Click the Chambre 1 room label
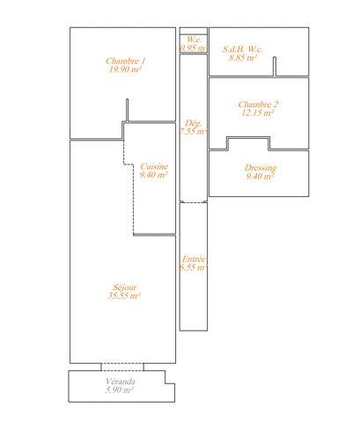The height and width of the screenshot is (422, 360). (125, 62)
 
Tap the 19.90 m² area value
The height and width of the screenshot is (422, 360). (125, 69)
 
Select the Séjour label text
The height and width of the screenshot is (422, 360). (125, 287)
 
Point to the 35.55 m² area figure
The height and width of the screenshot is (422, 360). (124, 295)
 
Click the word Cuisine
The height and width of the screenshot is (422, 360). (154, 166)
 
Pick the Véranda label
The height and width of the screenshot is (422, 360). (121, 382)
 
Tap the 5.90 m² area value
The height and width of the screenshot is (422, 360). (120, 390)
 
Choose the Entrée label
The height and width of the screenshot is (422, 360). (194, 259)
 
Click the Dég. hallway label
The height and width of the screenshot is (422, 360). (194, 123)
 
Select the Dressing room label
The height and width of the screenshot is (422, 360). (261, 168)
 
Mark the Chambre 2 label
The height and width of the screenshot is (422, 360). (258, 105)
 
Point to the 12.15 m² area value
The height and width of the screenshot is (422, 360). (258, 113)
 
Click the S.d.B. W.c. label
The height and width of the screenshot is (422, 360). (243, 49)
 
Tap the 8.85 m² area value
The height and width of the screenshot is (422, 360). (243, 57)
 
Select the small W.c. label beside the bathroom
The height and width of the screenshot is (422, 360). (194, 39)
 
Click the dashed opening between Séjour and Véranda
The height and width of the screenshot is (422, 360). (122, 367)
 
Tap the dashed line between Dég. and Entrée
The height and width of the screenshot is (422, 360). (194, 202)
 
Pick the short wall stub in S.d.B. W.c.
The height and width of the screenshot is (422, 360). (275, 66)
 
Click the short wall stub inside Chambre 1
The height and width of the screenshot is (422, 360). (127, 110)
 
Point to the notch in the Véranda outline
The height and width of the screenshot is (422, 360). (169, 377)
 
